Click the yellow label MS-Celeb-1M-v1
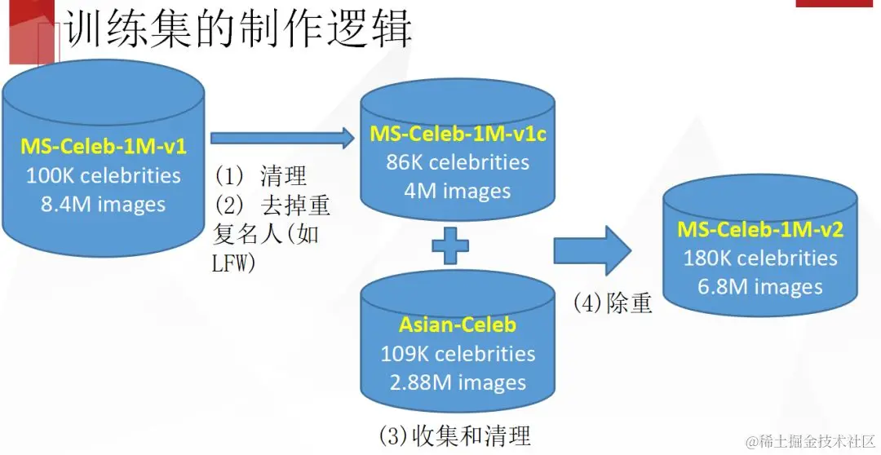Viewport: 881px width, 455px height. click(104, 148)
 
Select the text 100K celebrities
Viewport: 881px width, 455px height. click(104, 175)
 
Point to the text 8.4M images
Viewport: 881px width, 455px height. click(104, 204)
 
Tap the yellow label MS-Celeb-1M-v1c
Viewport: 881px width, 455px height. click(458, 134)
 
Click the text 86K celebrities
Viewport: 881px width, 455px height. click(458, 162)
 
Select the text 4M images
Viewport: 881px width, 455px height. click(458, 191)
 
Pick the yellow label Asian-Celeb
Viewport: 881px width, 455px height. click(458, 325)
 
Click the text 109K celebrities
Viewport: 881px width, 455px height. click(458, 353)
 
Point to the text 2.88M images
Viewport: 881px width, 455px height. click(458, 382)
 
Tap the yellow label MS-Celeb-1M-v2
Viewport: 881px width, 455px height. click(760, 229)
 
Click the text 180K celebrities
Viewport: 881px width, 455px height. click(760, 258)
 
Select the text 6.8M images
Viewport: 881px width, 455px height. click(760, 286)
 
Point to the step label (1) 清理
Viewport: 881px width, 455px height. click(260, 175)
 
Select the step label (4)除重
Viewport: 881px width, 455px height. click(613, 303)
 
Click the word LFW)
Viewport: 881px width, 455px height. click(234, 263)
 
